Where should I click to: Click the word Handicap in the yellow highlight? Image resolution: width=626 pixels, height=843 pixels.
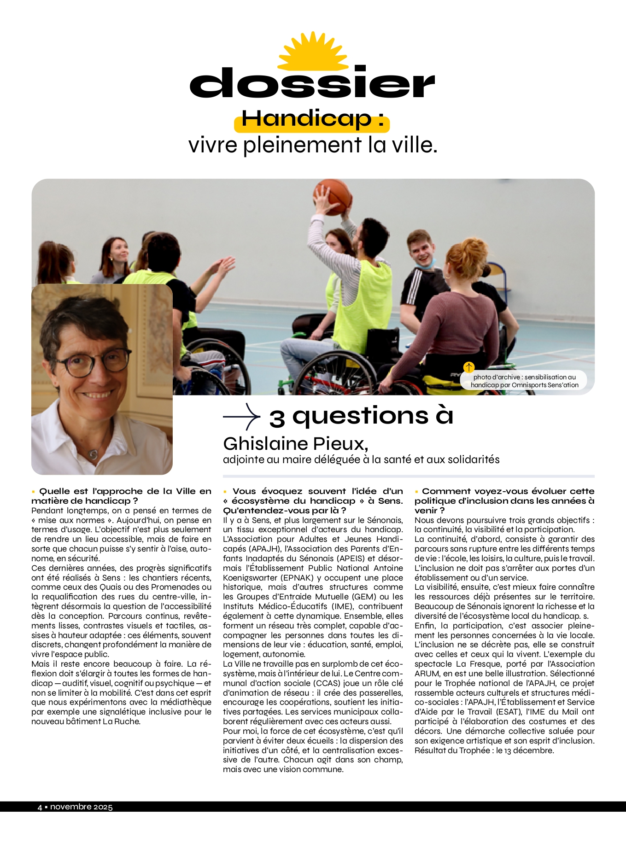pyautogui.click(x=306, y=119)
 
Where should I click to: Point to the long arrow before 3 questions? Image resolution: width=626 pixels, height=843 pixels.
pyautogui.click(x=241, y=417)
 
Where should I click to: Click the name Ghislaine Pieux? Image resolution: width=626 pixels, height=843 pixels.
pyautogui.click(x=295, y=444)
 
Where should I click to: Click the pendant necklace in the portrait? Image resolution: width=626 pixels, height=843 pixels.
pyautogui.click(x=94, y=454)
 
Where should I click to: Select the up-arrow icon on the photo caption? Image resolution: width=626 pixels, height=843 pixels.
pyautogui.click(x=468, y=367)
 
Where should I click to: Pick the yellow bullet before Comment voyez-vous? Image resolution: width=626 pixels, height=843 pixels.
pyautogui.click(x=416, y=492)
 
